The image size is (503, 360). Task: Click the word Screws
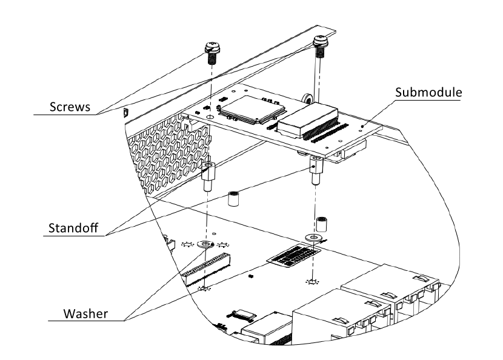pyautogui.click(x=70, y=107)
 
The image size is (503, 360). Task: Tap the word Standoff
pyautogui.click(x=73, y=230)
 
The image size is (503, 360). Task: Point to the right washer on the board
pyautogui.click(x=314, y=236)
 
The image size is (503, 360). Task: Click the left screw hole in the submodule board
pyautogui.click(x=209, y=116)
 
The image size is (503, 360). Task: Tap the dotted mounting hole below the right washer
pyautogui.click(x=313, y=282)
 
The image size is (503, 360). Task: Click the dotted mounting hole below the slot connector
pyautogui.click(x=204, y=289)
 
